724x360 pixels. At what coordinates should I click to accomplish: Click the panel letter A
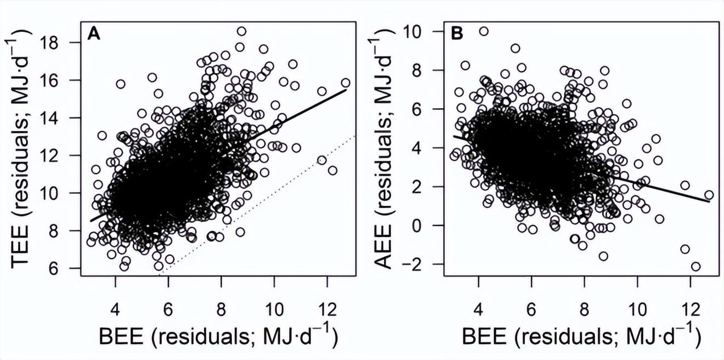pos(94,34)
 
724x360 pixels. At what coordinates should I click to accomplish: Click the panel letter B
pos(456,34)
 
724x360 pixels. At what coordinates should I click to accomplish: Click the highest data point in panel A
pos(241,31)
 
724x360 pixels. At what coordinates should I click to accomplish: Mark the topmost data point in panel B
pos(483,31)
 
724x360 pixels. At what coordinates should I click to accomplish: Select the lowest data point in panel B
pos(695,267)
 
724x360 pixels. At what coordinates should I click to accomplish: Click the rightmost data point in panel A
pos(346,83)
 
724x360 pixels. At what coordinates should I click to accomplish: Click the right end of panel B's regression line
pos(709,201)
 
